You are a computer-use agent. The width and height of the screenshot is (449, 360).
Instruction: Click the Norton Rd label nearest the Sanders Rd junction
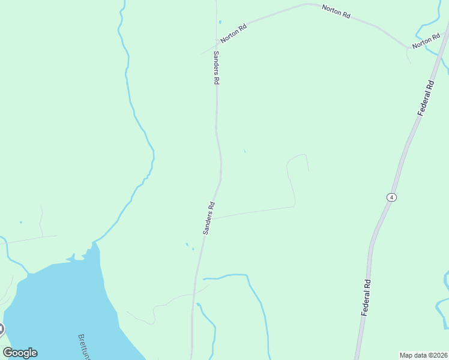pyautogui.click(x=234, y=33)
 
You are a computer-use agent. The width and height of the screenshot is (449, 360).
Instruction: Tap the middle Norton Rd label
pyautogui.click(x=336, y=11)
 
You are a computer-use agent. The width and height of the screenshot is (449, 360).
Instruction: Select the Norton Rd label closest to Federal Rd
pyautogui.click(x=426, y=42)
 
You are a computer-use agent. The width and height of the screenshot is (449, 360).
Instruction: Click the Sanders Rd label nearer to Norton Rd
pyautogui.click(x=216, y=67)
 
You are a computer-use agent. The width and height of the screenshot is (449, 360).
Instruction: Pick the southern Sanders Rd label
pyautogui.click(x=209, y=217)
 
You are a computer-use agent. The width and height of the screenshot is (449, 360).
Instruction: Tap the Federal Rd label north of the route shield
pyautogui.click(x=426, y=97)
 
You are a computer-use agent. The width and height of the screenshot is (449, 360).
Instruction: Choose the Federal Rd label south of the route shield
pyautogui.click(x=366, y=298)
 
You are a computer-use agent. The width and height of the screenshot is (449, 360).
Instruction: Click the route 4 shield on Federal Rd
pyautogui.click(x=391, y=197)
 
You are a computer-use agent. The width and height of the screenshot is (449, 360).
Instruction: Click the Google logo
pyautogui.click(x=20, y=353)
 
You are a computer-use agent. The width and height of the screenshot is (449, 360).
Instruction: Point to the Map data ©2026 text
pyautogui.click(x=423, y=355)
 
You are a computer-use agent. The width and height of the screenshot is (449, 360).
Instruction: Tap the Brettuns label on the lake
pyautogui.click(x=85, y=346)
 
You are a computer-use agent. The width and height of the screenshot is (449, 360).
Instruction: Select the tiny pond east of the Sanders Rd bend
pyautogui.click(x=244, y=151)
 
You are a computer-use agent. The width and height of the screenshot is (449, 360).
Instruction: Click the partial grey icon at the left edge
pyautogui.click(x=1, y=329)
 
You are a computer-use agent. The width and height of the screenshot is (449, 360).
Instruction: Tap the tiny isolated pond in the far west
pyautogui.click(x=20, y=223)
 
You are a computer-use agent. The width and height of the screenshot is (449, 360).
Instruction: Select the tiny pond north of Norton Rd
pyautogui.click(x=220, y=22)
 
